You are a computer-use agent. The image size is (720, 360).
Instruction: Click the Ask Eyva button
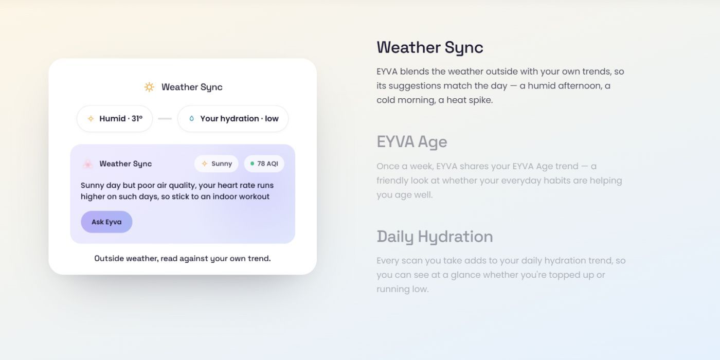point(106,222)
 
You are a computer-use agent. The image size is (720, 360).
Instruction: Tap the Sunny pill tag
point(217,164)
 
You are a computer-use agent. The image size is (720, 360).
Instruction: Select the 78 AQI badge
point(264,164)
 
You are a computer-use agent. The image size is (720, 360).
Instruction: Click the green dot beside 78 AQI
point(253,164)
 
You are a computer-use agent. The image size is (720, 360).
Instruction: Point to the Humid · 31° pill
point(115,119)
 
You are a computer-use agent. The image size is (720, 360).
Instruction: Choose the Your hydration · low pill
point(233,119)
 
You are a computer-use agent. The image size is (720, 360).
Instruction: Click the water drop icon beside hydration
point(191,119)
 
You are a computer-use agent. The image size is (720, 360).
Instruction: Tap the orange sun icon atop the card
point(149,87)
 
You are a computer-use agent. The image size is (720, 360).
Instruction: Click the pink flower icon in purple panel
point(87,164)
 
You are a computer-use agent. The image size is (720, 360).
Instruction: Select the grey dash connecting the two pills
point(165,119)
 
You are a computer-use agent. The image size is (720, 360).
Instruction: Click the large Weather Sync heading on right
point(430,47)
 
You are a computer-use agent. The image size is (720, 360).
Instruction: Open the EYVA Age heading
point(412,142)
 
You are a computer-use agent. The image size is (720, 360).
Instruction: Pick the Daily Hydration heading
point(435,237)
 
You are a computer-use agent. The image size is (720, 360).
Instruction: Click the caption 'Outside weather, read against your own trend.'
point(183,258)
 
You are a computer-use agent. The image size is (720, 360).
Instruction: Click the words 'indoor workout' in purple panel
point(241,196)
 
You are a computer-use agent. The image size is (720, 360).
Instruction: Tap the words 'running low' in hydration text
point(402,289)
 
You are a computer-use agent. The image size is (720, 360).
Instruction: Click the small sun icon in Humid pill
point(91,119)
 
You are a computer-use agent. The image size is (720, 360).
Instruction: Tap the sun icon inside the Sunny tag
point(205,164)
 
